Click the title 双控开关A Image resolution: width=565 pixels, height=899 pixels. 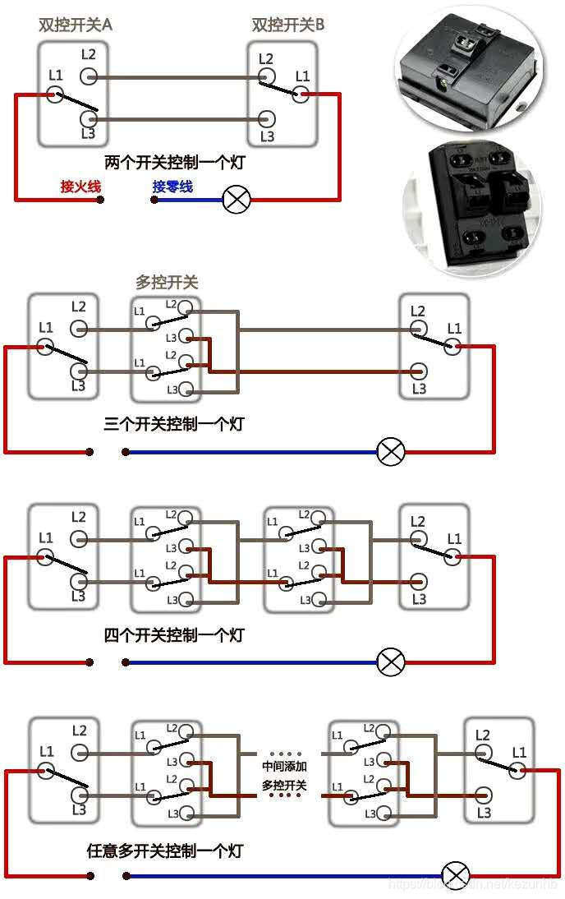pyautogui.click(x=76, y=25)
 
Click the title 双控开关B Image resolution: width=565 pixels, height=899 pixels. pyautogui.click(x=287, y=25)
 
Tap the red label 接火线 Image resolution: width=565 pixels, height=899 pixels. pyautogui.click(x=80, y=187)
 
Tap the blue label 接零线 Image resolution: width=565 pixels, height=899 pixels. pyautogui.click(x=172, y=187)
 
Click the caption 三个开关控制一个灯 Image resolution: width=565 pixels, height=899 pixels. pyautogui.click(x=174, y=425)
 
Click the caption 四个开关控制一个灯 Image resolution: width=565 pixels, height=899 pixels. pyautogui.click(x=174, y=635)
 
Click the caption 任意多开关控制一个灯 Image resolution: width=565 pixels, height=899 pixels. pyautogui.click(x=165, y=851)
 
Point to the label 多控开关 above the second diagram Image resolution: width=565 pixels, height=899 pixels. pyautogui.click(x=167, y=283)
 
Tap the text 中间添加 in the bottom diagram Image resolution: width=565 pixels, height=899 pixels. pyautogui.click(x=284, y=766)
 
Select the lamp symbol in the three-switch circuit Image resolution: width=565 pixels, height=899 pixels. pyautogui.click(x=391, y=451)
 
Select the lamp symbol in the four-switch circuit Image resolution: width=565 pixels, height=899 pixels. pyautogui.click(x=391, y=662)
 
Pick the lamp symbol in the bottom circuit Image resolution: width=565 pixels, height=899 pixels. pyautogui.click(x=456, y=875)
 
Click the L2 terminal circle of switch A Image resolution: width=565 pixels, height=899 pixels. pyautogui.click(x=89, y=76)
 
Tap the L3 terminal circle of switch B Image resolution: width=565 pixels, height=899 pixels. pyautogui.click(x=266, y=120)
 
